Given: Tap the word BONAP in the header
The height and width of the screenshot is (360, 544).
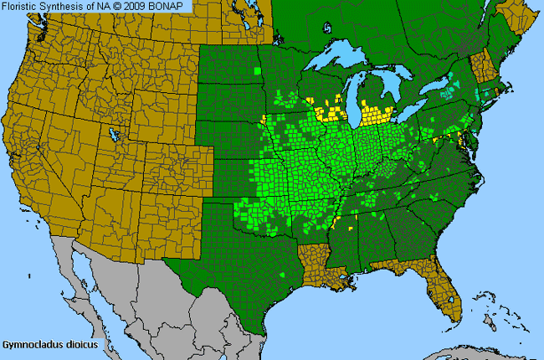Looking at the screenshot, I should pos(171,6).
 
